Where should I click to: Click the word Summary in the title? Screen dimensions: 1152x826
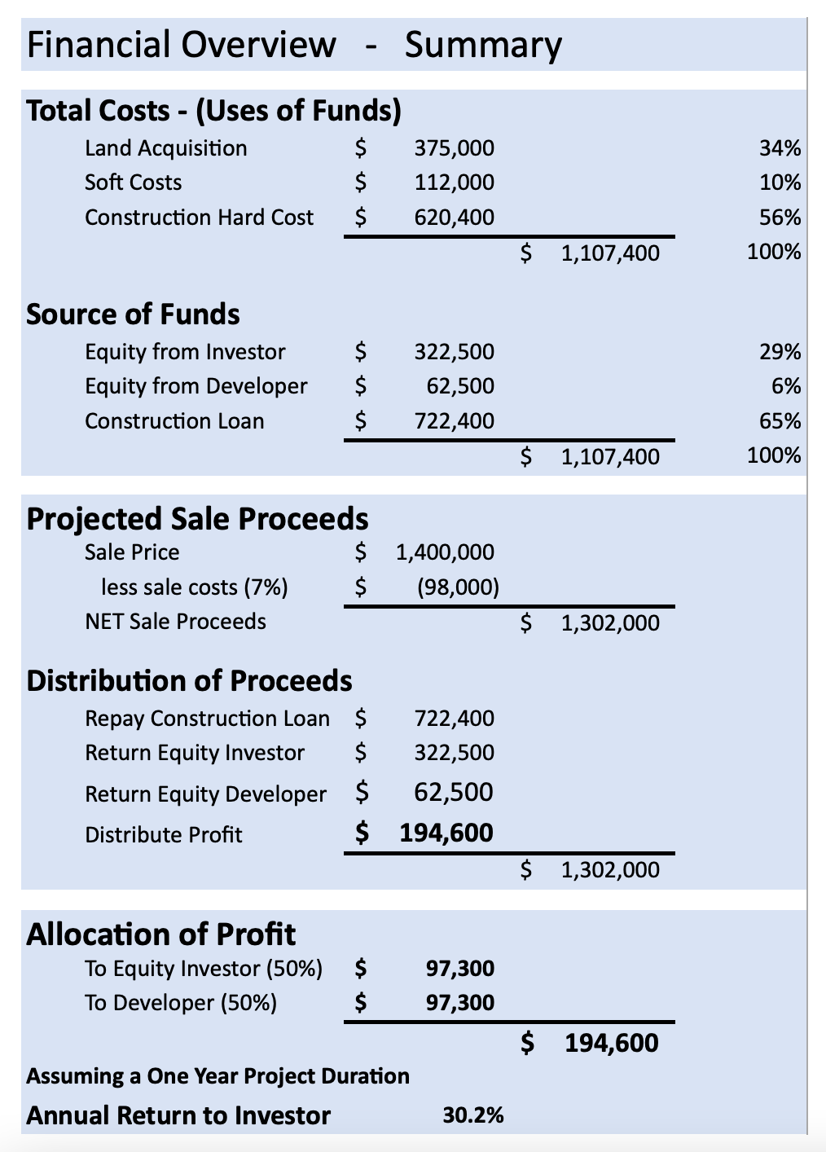[x=483, y=46]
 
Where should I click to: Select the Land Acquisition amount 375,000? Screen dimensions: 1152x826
[x=454, y=148]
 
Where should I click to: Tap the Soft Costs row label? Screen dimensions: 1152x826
[x=133, y=182]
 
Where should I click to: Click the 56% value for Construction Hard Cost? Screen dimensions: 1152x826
[x=780, y=218]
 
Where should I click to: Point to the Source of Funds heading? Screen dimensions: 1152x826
[x=133, y=314]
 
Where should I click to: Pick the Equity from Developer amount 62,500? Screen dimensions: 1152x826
[x=460, y=386]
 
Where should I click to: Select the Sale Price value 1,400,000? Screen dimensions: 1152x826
[x=445, y=552]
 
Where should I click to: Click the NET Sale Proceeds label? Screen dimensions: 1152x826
[x=175, y=622]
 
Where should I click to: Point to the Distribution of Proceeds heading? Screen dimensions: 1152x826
[x=189, y=681]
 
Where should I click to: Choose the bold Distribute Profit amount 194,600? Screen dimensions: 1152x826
[x=446, y=833]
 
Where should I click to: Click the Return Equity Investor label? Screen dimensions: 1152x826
[x=195, y=753]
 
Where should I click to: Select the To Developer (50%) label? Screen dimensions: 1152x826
[x=180, y=1003]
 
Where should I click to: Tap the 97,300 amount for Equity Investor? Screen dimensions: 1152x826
[x=460, y=969]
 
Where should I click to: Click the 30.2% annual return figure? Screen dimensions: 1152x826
[x=472, y=1115]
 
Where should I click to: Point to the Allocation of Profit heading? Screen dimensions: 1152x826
[x=160, y=934]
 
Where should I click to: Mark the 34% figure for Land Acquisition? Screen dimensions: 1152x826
[x=780, y=148]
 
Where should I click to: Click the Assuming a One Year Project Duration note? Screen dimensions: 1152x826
[x=217, y=1076]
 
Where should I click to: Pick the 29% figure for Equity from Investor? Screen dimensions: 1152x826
[x=780, y=352]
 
